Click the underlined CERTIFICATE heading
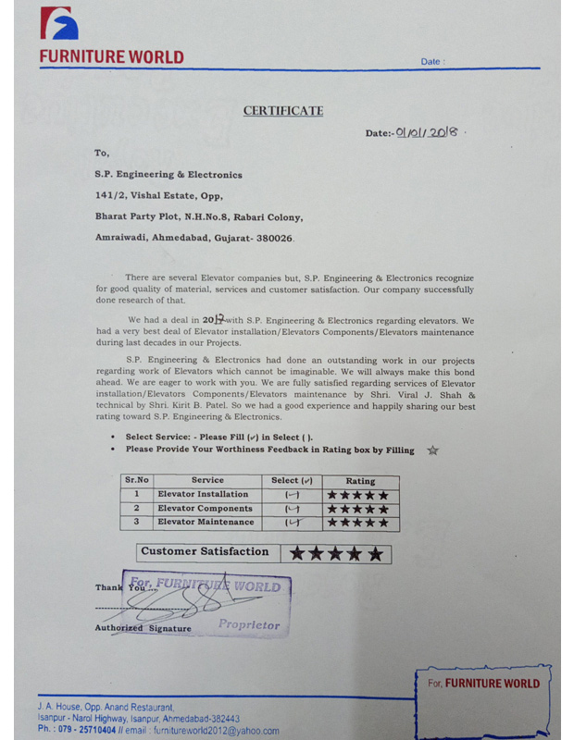tap(283, 111)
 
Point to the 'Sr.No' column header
tap(136, 480)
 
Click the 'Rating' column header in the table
tap(360, 481)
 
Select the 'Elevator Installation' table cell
tap(204, 494)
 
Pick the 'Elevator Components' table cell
tap(205, 508)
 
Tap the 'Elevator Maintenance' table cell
tap(205, 522)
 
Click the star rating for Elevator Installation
tap(357, 495)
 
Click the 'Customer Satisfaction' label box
tap(205, 551)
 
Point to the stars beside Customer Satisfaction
tap(337, 554)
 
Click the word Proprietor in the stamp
tap(248, 625)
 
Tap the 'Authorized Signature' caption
tap(143, 628)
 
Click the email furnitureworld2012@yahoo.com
tap(218, 730)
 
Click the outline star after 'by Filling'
tap(432, 450)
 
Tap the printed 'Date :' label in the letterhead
tap(432, 61)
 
